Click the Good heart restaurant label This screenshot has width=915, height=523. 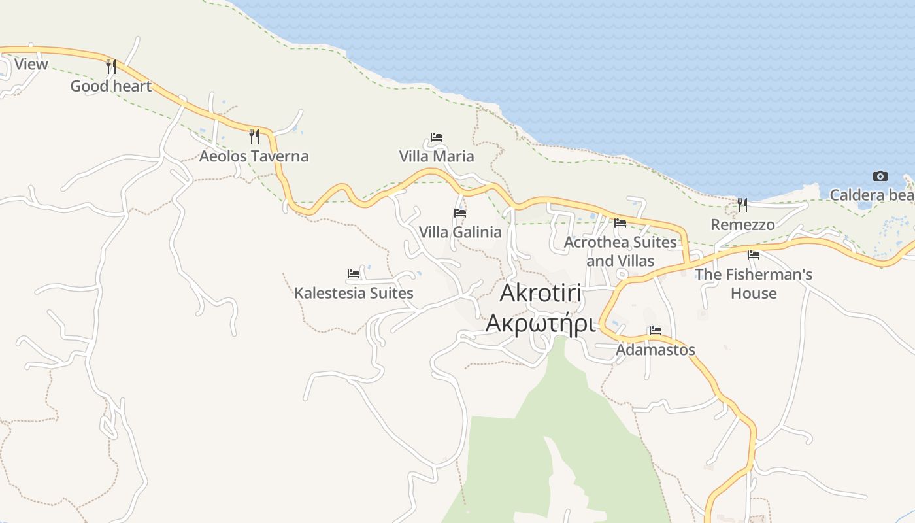(110, 86)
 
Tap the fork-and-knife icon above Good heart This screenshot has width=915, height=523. (110, 66)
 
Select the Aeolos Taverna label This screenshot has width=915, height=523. (254, 156)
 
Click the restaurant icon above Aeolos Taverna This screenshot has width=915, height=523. (254, 136)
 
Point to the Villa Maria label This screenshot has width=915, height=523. (437, 156)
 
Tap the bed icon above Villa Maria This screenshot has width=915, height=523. (437, 137)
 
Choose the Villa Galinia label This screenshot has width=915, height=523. (460, 232)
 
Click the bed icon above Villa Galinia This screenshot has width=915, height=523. (460, 213)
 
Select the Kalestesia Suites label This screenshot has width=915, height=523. (354, 293)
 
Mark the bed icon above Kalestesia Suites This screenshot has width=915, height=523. (354, 274)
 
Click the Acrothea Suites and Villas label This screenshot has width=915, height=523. (620, 251)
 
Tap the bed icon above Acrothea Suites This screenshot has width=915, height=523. (620, 223)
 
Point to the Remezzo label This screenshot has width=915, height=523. (742, 225)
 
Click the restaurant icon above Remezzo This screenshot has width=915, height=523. (742, 205)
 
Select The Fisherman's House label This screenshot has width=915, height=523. (754, 283)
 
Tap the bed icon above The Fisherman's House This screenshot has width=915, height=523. (754, 255)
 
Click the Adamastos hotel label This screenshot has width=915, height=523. (656, 350)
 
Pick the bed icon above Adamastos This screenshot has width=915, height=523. (656, 331)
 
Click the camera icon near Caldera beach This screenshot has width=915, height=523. (880, 176)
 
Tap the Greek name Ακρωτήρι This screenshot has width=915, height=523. (541, 323)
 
